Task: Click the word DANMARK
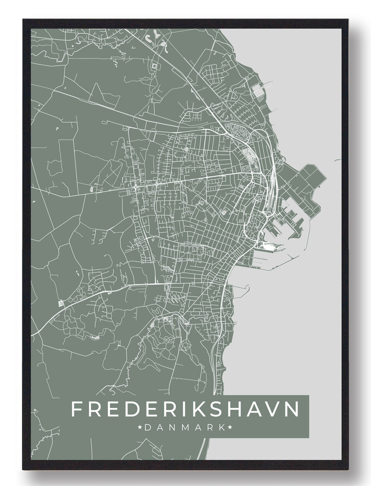(185, 428)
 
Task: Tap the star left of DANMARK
(140, 428)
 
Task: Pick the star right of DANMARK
(229, 428)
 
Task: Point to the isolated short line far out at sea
(337, 160)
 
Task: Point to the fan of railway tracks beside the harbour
(273, 183)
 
